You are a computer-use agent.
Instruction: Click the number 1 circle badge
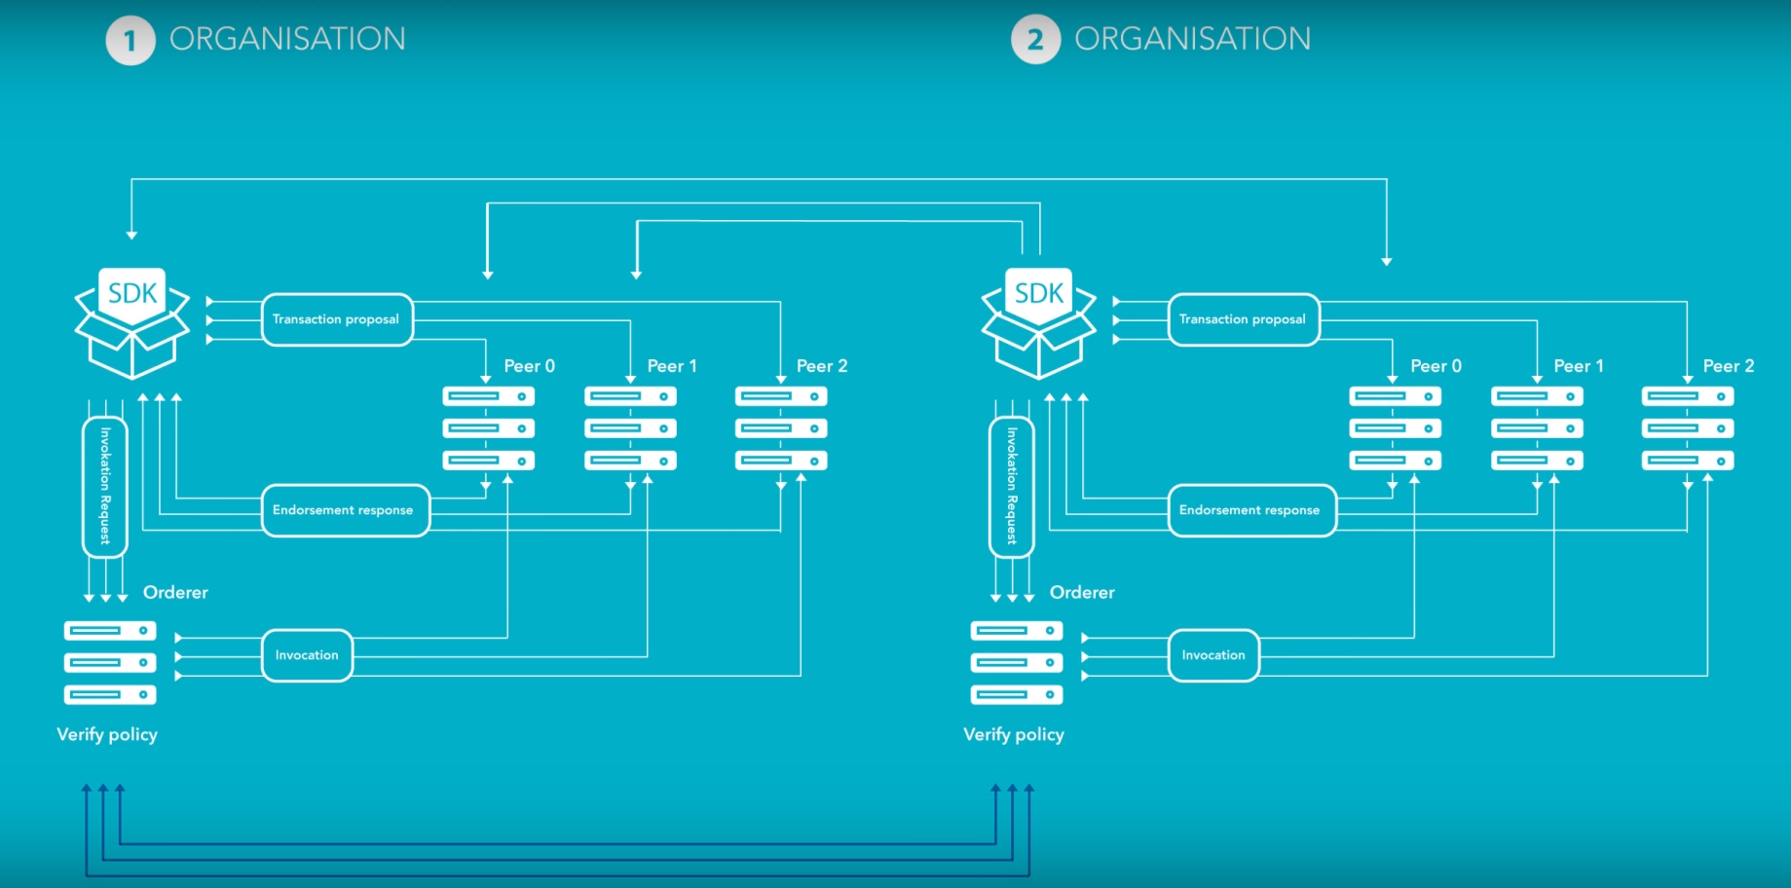[131, 41]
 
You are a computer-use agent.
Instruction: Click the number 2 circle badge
[1035, 41]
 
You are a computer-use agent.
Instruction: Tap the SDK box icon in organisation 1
[132, 322]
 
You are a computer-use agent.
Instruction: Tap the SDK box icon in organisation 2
[1039, 322]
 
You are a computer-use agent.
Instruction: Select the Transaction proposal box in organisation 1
[337, 319]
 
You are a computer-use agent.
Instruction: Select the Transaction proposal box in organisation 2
[1244, 319]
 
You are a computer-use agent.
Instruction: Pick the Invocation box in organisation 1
[307, 655]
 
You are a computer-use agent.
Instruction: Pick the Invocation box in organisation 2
[1213, 655]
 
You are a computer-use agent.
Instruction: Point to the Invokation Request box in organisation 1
[105, 487]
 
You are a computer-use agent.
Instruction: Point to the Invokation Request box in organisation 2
[1012, 487]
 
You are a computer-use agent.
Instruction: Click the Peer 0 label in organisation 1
[529, 366]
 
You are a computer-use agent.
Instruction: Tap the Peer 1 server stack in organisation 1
[630, 428]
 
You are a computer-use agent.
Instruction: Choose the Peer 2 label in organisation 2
[1728, 366]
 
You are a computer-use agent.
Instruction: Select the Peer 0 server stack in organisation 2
[1395, 428]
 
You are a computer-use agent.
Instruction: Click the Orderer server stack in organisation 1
[110, 663]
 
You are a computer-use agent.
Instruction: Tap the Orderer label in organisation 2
[1082, 592]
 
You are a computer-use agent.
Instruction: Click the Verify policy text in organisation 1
[107, 734]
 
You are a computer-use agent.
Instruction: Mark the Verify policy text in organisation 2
[1014, 734]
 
